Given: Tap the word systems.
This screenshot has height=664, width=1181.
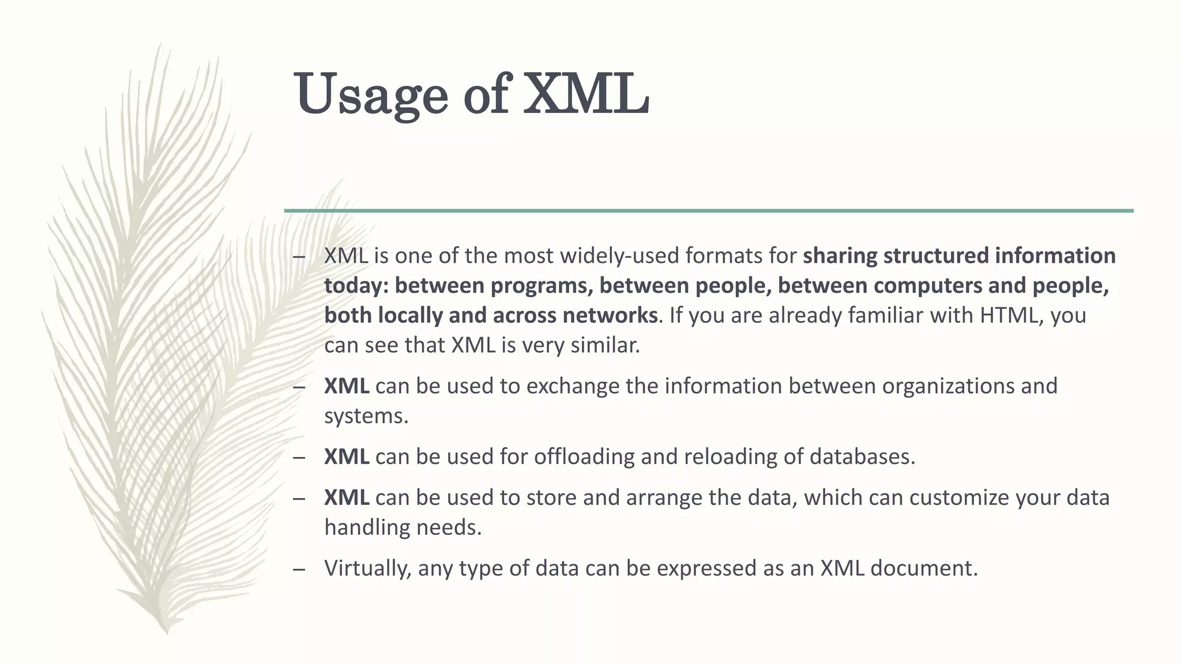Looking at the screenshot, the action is point(366,416).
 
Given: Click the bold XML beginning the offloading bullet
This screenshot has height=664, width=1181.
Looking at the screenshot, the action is point(347,456).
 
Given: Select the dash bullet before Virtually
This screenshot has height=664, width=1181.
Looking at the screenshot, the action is point(298,569).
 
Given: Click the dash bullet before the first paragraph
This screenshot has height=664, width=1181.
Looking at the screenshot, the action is point(298,257).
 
